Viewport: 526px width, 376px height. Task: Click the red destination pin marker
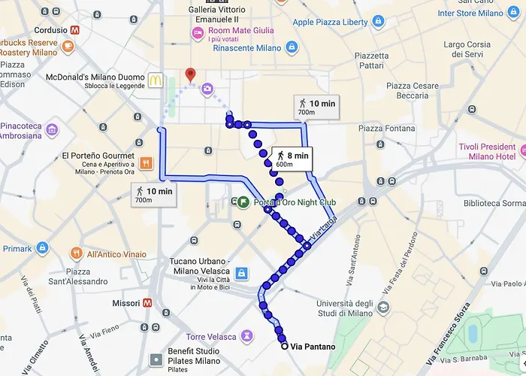[190, 74]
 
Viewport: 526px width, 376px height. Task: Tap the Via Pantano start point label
[312, 346]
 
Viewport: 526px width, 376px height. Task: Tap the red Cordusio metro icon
[75, 30]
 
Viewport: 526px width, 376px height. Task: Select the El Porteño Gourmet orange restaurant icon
[146, 162]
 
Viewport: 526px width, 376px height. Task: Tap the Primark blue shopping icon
[43, 248]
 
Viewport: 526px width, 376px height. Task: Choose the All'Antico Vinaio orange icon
[76, 253]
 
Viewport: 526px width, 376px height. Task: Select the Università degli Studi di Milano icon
[384, 308]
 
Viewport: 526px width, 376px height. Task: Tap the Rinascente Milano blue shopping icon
[292, 47]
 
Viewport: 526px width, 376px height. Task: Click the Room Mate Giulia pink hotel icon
[197, 32]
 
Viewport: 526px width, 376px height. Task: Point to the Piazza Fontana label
[386, 129]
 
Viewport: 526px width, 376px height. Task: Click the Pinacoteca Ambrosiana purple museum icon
[52, 129]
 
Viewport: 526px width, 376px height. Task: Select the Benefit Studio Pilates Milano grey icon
[156, 359]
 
